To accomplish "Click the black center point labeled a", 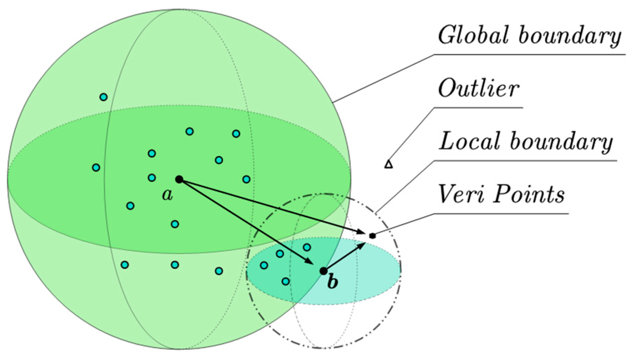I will coord(179,179).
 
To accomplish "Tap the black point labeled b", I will coord(323,271).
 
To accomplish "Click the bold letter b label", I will coord(332,282).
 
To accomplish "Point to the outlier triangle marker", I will coord(389,165).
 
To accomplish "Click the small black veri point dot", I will coord(372,236).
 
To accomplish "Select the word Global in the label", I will coord(473,35).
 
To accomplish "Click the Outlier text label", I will coord(478,89).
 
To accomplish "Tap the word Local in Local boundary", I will coord(469,141).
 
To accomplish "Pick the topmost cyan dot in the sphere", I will coord(103,97).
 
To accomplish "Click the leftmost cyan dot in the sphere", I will coord(96,167).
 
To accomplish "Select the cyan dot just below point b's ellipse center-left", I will coord(285,281).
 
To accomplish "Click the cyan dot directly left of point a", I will coord(152,177).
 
